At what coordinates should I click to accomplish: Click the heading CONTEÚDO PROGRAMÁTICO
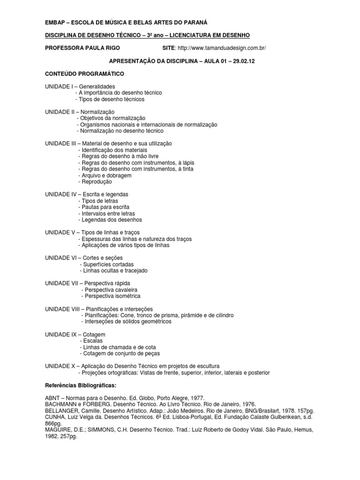84,74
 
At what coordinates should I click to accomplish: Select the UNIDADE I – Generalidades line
80,86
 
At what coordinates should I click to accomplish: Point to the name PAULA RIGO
101,48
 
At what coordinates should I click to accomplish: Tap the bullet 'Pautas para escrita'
105,207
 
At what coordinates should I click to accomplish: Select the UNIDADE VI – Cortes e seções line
83,258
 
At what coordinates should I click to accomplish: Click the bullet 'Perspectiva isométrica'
111,296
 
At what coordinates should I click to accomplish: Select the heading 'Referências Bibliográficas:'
80,385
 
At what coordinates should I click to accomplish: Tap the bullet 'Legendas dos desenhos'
111,219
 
